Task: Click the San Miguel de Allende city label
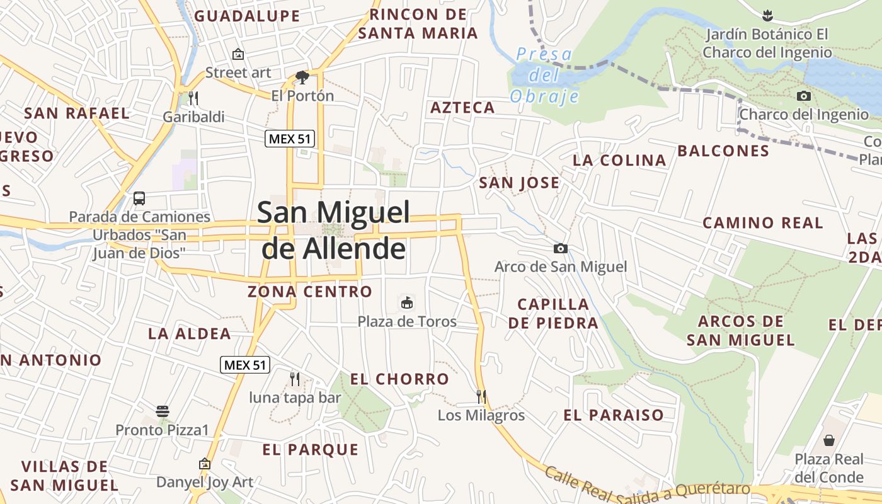pos(333,231)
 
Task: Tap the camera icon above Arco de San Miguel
pos(560,248)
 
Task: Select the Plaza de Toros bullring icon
pos(407,303)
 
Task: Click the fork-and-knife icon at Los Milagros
pos(481,396)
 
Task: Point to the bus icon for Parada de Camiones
pos(139,198)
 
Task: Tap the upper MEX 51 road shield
pos(289,139)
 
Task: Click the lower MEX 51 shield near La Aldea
pos(245,364)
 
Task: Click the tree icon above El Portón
pos(302,77)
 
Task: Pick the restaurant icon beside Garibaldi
pos(193,98)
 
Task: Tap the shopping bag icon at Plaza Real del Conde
pos(829,440)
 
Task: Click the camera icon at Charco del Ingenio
pos(804,96)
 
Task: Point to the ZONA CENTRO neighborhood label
pos(310,292)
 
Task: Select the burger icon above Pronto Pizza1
pos(163,411)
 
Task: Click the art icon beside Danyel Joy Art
pos(204,464)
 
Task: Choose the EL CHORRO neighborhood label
pos(399,379)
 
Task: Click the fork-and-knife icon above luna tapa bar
pos(294,379)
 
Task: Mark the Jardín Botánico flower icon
pos(767,14)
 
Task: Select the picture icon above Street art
pos(238,54)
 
